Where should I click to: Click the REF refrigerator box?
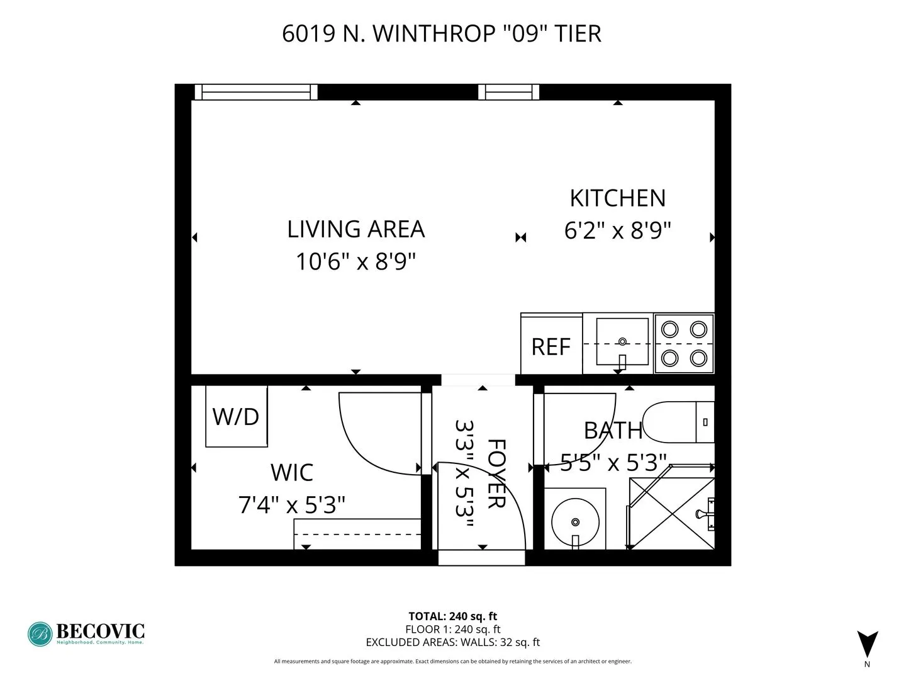(x=551, y=344)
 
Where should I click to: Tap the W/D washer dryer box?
(x=237, y=416)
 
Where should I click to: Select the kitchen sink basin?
(x=622, y=343)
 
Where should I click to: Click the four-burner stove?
(x=684, y=344)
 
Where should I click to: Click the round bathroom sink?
(x=575, y=521)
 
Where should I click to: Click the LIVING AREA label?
(x=355, y=229)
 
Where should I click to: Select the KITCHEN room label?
(x=617, y=198)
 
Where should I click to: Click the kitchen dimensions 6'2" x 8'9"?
(x=617, y=230)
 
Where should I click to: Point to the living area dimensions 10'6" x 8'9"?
(x=355, y=261)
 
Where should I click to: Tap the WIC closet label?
(x=292, y=473)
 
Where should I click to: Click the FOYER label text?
(x=496, y=473)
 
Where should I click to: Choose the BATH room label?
(x=613, y=431)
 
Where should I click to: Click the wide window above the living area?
(x=255, y=93)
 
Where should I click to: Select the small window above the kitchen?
(x=508, y=93)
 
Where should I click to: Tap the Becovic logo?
(x=86, y=633)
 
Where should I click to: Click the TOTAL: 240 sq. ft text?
(x=452, y=616)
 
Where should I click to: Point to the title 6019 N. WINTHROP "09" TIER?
(x=442, y=33)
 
